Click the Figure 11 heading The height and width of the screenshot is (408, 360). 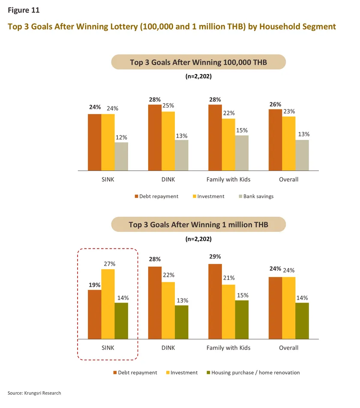point(23,9)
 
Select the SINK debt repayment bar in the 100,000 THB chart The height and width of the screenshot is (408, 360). point(95,142)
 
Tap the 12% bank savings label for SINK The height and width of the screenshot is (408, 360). point(121,137)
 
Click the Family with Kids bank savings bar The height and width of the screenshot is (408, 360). point(242,153)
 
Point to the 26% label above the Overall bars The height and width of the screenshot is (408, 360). point(275,104)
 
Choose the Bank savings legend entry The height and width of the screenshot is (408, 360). point(258,196)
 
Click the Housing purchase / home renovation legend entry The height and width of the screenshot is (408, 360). point(255,372)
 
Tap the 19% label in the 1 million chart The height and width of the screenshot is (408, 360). point(95,285)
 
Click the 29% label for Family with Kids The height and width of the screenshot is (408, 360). point(215,257)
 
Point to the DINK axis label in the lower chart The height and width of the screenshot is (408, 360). point(168,348)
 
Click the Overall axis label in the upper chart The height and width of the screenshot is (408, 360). point(288,179)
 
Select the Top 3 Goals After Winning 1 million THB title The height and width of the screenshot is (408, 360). point(198,225)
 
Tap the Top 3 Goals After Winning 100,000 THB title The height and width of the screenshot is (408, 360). point(198,62)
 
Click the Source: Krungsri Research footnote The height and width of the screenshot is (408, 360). point(34,393)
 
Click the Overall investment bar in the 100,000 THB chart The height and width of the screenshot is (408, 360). point(289,143)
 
